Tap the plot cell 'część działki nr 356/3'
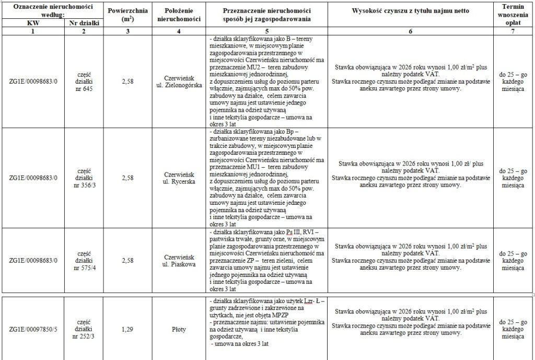(x=84, y=178)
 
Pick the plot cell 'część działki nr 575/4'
(x=84, y=260)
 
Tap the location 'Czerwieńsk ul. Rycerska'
(x=179, y=178)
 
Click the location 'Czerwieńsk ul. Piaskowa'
(x=179, y=260)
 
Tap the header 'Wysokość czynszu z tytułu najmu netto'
(x=410, y=10)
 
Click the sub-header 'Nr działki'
(x=84, y=24)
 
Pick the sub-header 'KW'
(x=32, y=24)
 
